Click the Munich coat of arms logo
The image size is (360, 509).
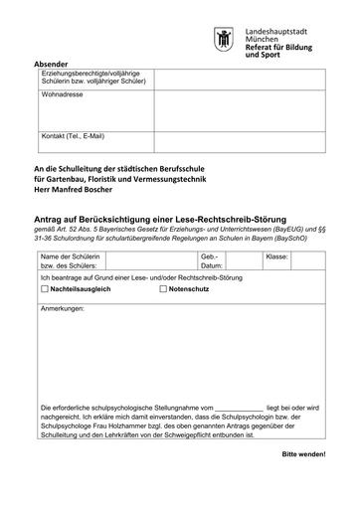(x=224, y=41)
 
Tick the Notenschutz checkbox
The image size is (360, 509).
(x=163, y=287)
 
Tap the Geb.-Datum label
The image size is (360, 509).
(x=210, y=261)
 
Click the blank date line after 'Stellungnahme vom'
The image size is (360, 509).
(x=240, y=408)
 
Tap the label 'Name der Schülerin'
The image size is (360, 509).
(x=73, y=257)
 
